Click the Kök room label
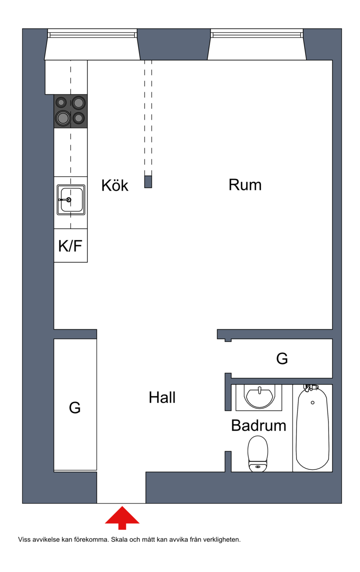click(115, 185)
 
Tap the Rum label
click(245, 185)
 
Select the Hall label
click(162, 397)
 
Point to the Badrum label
click(258, 426)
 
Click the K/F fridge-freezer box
click(71, 245)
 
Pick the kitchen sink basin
click(71, 200)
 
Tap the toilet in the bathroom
click(258, 454)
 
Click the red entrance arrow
click(122, 518)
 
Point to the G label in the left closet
click(75, 407)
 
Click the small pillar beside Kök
click(148, 182)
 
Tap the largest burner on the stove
click(63, 118)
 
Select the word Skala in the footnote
click(119, 540)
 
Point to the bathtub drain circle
click(313, 403)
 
